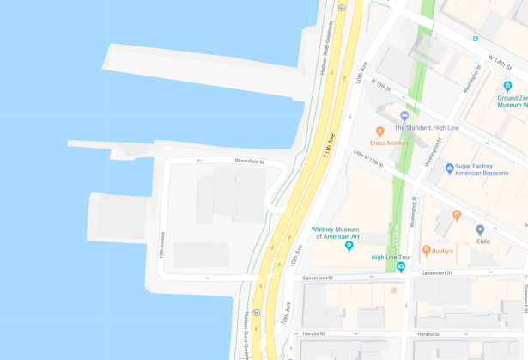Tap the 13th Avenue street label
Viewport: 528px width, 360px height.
click(161, 244)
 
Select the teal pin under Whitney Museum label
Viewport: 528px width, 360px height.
click(349, 247)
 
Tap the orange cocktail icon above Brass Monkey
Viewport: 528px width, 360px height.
click(379, 131)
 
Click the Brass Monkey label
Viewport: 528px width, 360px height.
click(389, 142)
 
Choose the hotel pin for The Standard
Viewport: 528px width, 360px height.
click(404, 116)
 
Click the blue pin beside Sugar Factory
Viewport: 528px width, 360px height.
click(449, 168)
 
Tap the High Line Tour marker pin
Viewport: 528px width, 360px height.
click(400, 267)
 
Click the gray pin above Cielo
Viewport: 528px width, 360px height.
click(480, 229)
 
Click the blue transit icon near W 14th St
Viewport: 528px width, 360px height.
click(475, 38)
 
